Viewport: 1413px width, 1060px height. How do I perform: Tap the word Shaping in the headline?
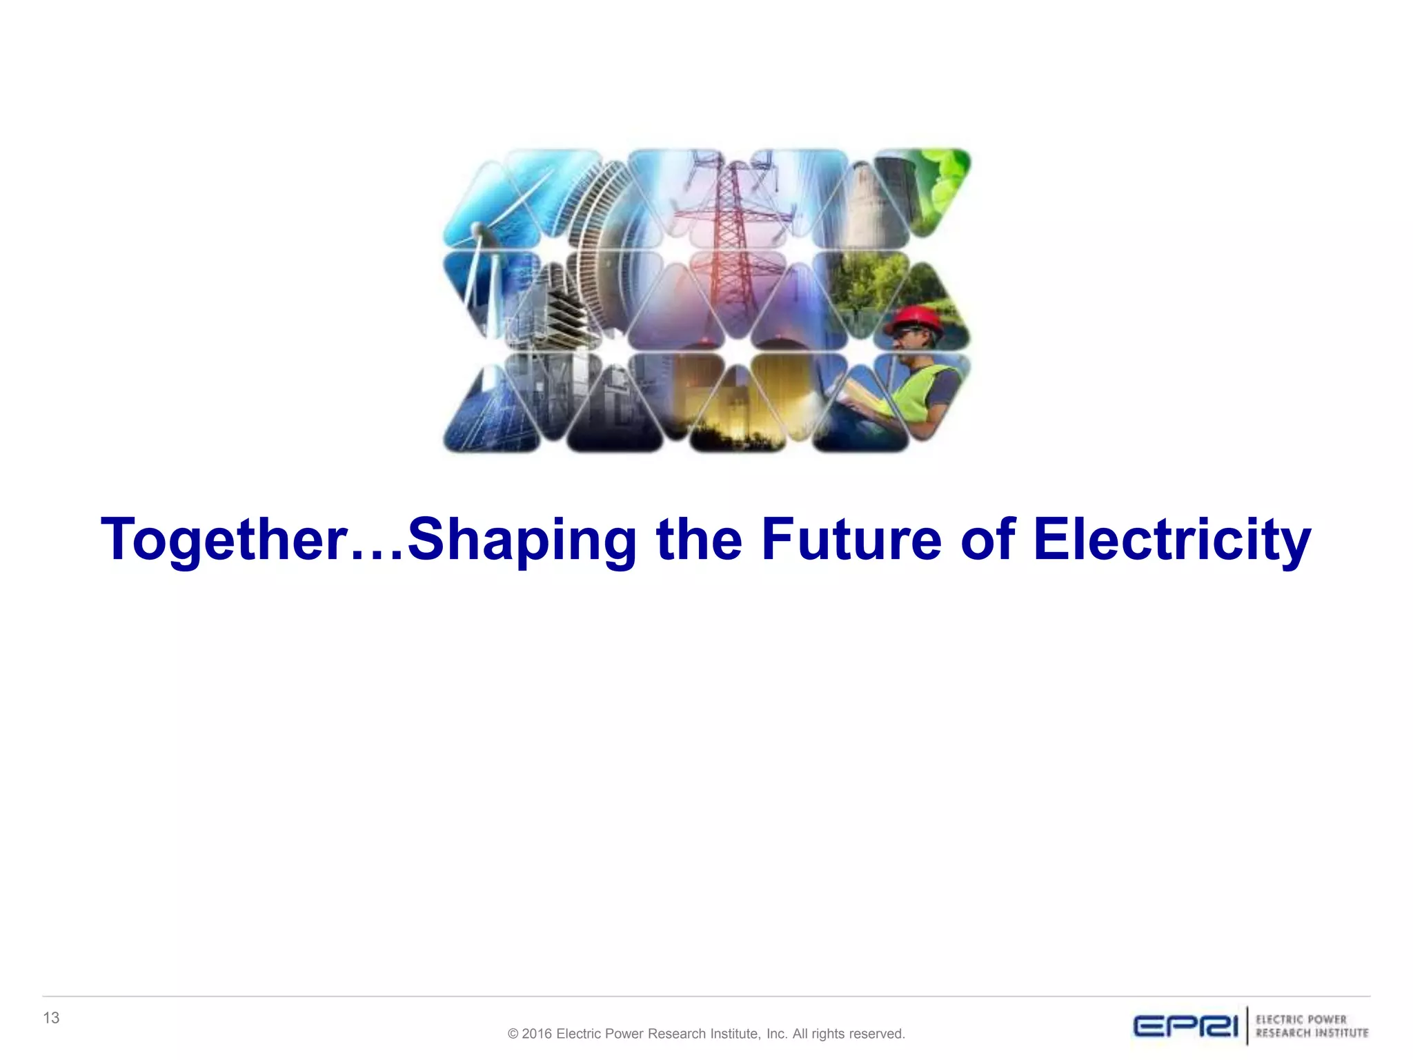(522, 540)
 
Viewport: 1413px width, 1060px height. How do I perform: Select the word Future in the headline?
(851, 539)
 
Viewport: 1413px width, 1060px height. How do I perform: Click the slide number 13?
(51, 1018)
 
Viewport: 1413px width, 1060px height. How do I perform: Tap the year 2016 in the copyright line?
(537, 1034)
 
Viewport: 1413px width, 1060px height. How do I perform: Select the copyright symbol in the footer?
(513, 1034)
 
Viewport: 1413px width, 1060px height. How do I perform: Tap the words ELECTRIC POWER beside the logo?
(1301, 1019)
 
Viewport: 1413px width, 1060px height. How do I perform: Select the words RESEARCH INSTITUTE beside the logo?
(1312, 1033)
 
